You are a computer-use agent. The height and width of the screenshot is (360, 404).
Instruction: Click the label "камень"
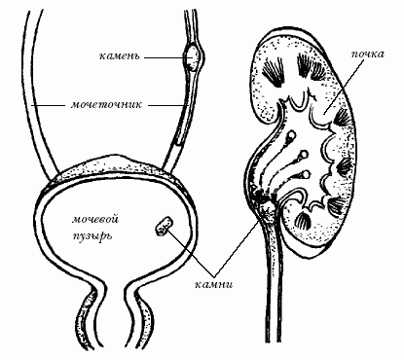click(x=119, y=56)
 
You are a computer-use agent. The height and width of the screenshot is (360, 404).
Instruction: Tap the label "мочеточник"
click(x=106, y=105)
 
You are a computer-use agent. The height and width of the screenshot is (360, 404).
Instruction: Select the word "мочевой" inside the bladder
click(x=95, y=219)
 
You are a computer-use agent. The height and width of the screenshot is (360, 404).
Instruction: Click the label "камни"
click(x=213, y=284)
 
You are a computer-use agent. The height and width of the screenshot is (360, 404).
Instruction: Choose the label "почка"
click(x=368, y=54)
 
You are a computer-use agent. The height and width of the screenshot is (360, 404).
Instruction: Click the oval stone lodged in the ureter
click(x=193, y=57)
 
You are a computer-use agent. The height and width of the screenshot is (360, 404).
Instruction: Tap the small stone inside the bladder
click(x=164, y=226)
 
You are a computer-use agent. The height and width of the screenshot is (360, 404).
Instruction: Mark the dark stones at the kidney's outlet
click(x=264, y=201)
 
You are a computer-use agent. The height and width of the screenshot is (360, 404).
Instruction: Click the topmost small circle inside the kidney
click(x=292, y=134)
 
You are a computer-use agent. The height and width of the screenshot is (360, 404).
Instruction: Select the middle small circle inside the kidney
click(x=304, y=155)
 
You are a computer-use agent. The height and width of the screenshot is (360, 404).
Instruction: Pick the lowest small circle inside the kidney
click(x=307, y=174)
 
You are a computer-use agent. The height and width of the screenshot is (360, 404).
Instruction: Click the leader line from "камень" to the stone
click(x=166, y=57)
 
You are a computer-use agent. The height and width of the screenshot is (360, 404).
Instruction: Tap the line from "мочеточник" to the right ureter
click(x=168, y=105)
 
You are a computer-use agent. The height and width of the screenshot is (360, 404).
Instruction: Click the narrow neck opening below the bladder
click(x=114, y=285)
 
